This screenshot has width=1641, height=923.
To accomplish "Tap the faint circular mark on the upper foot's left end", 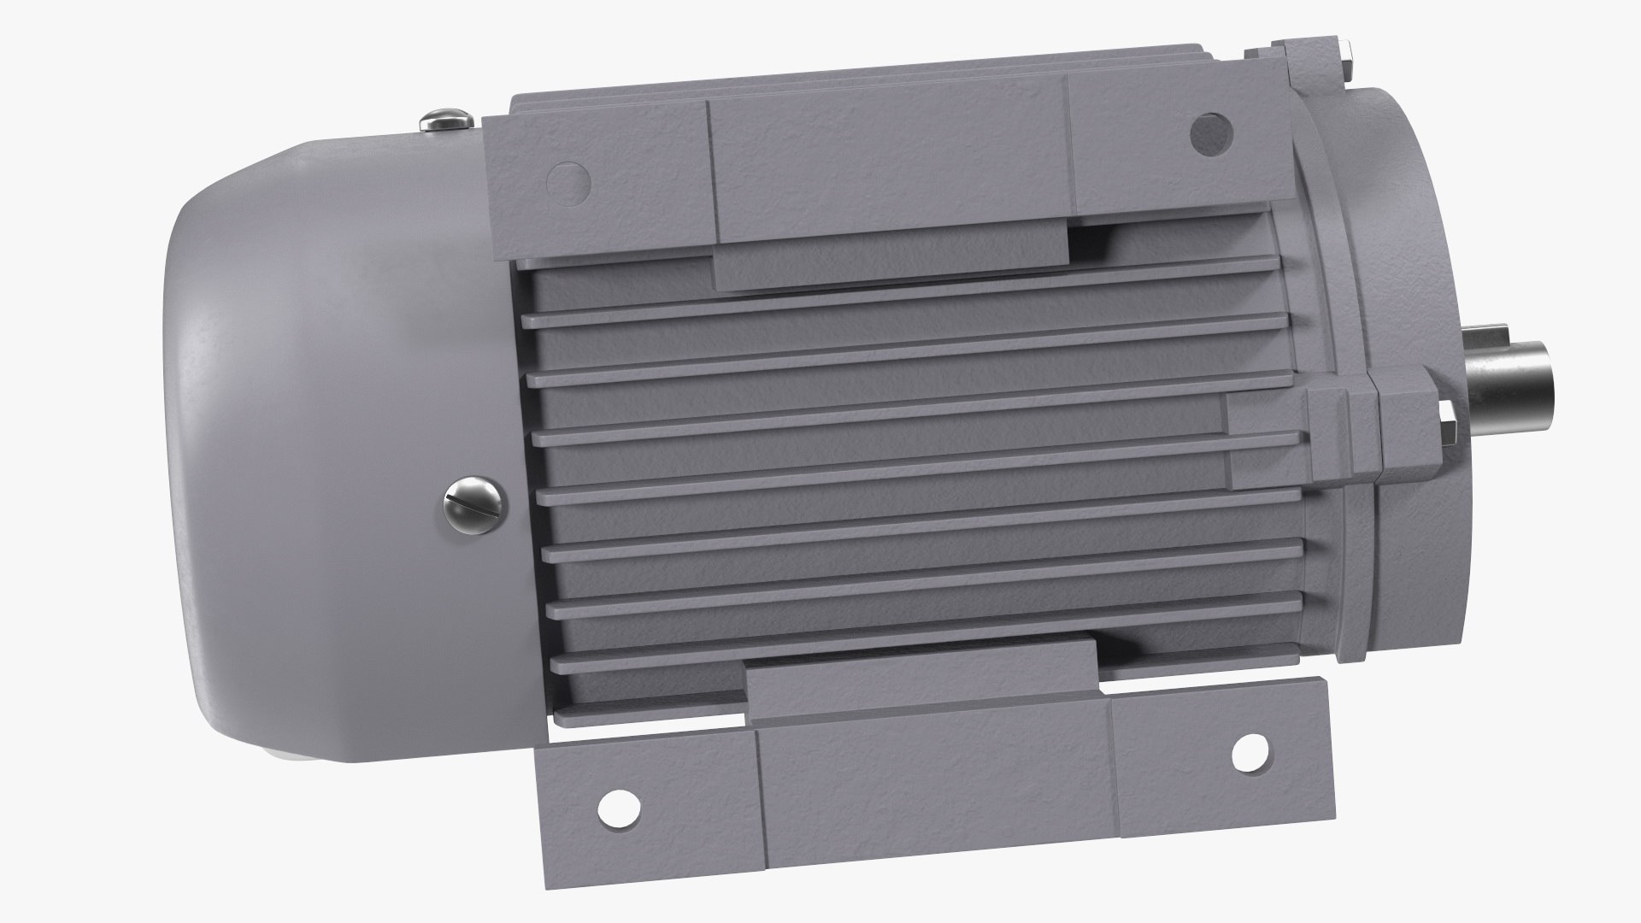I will click(568, 182).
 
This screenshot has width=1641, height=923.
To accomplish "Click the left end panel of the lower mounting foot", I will click(650, 803).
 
